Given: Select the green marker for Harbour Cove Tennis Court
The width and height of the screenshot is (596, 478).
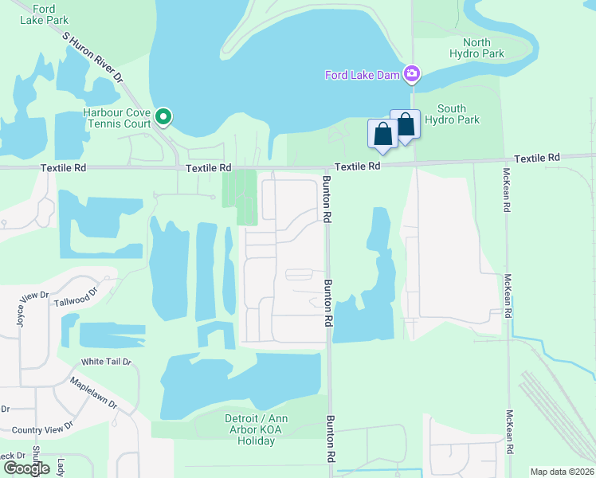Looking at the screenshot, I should pos(164,118).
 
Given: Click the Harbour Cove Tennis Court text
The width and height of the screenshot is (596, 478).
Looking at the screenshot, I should pos(116,119).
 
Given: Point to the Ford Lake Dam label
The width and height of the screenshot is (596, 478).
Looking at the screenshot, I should pos(363,76).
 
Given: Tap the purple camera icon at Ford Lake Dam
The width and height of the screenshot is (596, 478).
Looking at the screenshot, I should pos(412,75).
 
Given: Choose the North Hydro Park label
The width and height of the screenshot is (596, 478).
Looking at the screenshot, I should pos(483,48).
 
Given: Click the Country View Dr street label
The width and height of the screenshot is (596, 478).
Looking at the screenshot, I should pos(42,428).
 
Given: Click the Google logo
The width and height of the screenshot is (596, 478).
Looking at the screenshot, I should pos(25,468).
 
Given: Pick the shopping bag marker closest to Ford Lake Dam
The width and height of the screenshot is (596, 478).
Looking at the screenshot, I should pos(405,125).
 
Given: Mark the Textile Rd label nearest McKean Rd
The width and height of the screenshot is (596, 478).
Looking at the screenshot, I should pos(537,159).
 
